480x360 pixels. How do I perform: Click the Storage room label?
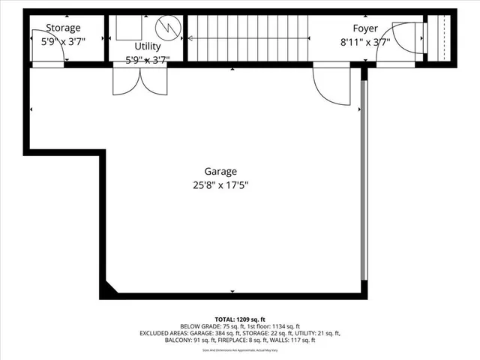coord(63,28)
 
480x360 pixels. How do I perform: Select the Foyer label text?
coord(365,28)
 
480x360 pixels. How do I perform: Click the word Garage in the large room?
coord(220,170)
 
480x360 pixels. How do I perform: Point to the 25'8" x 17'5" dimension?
coord(220,184)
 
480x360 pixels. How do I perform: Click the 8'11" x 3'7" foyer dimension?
coord(365,42)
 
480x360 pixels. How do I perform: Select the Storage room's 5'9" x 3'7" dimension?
coord(63,42)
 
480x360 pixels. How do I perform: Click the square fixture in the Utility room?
coord(128,27)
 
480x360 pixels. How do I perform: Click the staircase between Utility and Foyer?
coord(247,37)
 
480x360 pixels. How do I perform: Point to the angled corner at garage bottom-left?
coord(111,289)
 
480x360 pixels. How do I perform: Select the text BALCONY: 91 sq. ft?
coord(190,340)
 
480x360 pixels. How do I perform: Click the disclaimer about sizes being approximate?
coord(239,349)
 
